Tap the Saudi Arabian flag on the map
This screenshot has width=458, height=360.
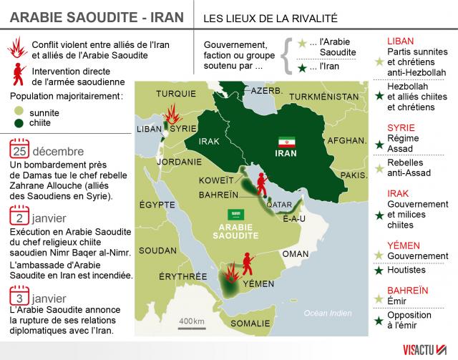click(x=234, y=214)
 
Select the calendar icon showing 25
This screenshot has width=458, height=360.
click(x=19, y=152)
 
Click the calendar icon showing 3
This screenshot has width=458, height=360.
click(x=19, y=296)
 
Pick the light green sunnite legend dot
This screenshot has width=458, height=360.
click(x=19, y=112)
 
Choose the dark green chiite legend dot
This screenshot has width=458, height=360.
click(x=19, y=123)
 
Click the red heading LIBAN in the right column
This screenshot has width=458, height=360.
click(x=400, y=41)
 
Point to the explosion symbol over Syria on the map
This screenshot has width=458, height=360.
click(x=172, y=115)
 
